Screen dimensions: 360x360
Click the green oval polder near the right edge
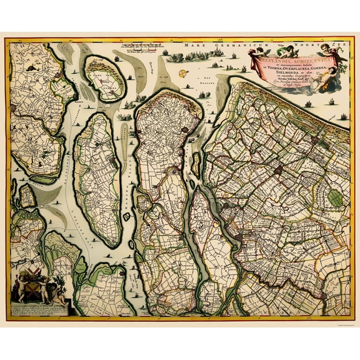336,199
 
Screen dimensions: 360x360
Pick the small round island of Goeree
106,77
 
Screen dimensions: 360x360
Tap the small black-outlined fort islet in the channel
127,216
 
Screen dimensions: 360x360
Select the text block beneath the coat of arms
37,307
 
